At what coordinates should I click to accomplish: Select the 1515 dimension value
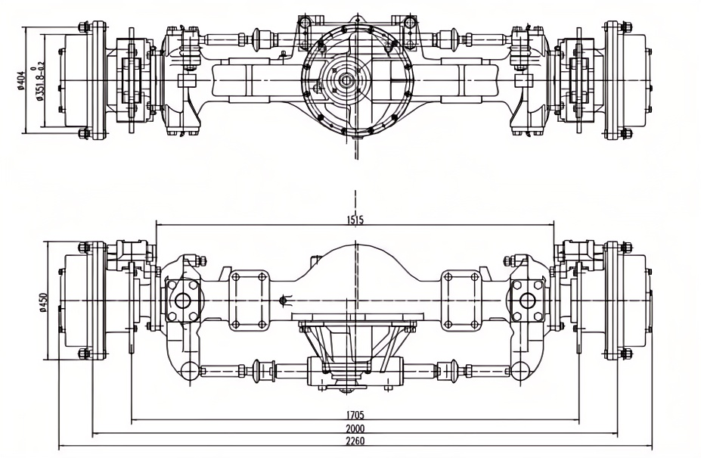click(355, 220)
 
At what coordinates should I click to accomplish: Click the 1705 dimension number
click(355, 415)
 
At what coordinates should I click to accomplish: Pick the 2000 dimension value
click(355, 428)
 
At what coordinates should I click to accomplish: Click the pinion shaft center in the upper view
click(346, 79)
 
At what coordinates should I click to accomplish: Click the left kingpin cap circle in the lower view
click(182, 299)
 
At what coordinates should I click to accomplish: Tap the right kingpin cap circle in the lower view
click(528, 299)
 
